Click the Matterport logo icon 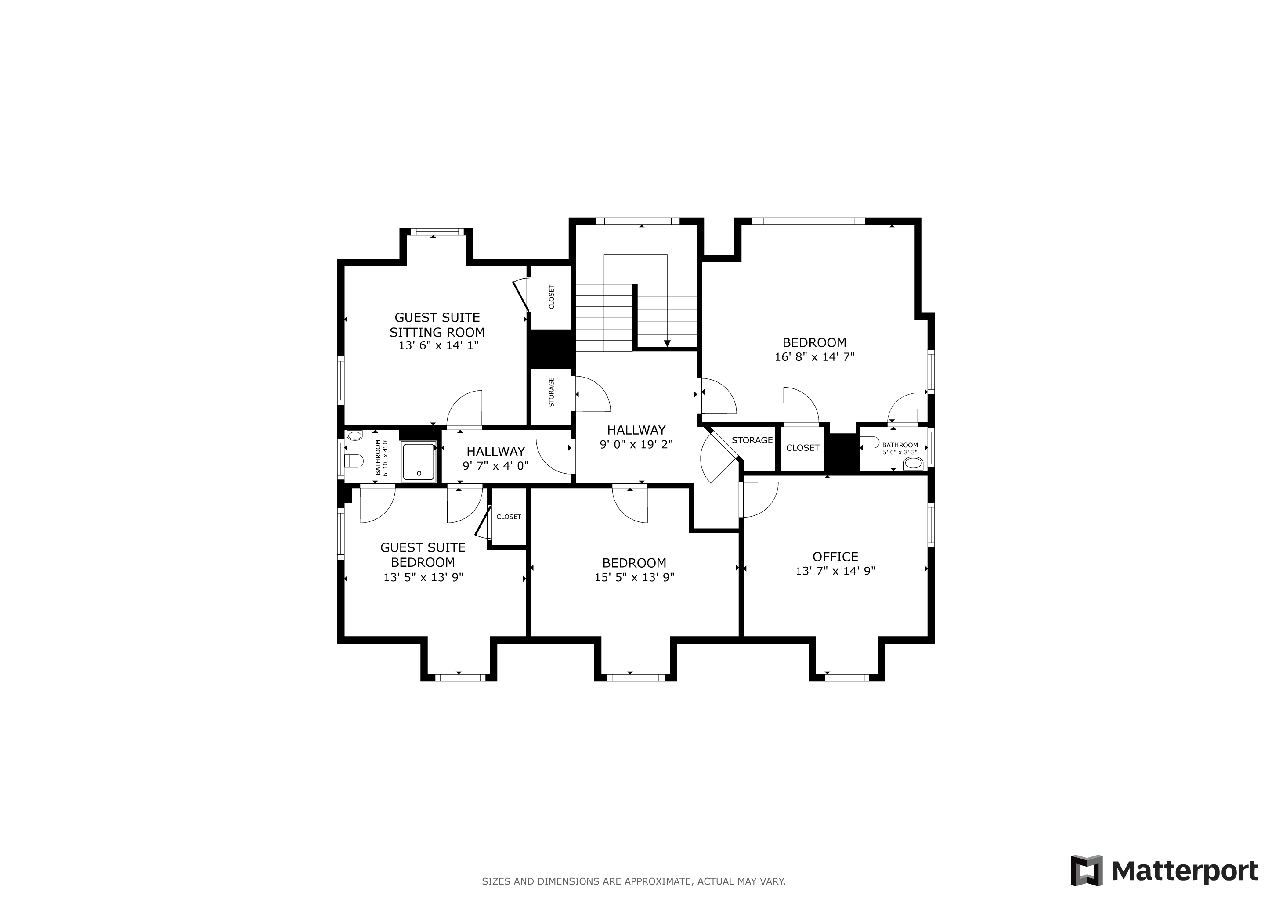[x=1087, y=871]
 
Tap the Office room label [x=835, y=557]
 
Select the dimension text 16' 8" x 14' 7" [x=814, y=357]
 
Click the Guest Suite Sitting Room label [x=437, y=325]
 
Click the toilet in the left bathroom [x=354, y=460]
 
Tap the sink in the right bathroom [x=914, y=463]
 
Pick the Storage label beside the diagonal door [x=752, y=440]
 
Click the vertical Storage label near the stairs [x=551, y=392]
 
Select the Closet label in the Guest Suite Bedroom [x=509, y=517]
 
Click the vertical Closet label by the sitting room [x=551, y=297]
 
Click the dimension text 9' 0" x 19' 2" [x=636, y=444]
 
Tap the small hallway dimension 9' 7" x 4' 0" [x=496, y=466]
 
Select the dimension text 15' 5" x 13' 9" [x=634, y=577]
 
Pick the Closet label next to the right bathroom [x=803, y=448]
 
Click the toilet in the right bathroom [x=870, y=442]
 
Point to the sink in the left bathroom [x=354, y=435]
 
